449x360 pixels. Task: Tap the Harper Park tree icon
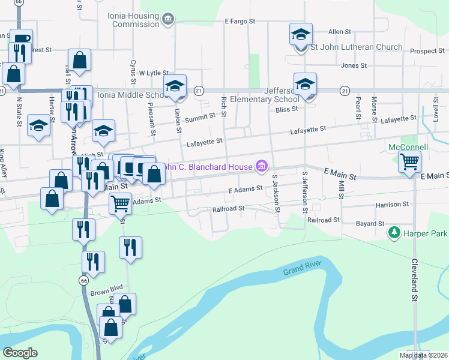coord(394,232)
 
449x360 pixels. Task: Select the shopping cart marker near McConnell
coord(409,161)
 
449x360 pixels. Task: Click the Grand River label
coord(303,268)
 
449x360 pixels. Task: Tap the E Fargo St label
coord(240,21)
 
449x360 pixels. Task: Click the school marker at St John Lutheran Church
coord(301,34)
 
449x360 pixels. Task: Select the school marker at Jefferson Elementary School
coord(305,84)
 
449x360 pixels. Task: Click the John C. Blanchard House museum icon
coord(262,166)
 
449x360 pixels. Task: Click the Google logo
coord(20,352)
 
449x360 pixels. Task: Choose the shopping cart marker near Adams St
coord(120,204)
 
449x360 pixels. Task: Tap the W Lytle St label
coord(151,73)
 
